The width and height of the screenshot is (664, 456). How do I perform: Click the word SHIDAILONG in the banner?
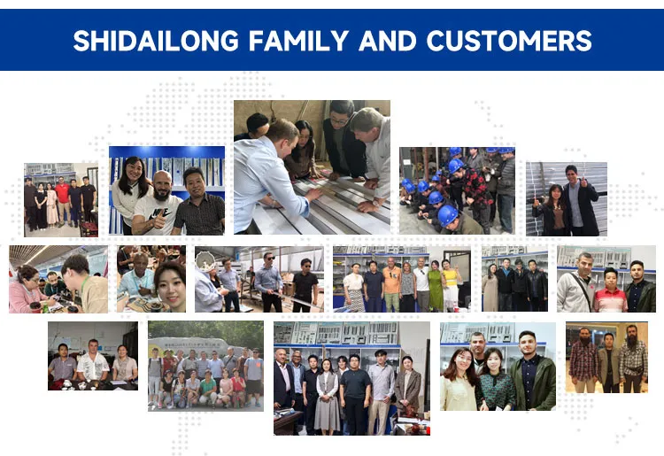click(156, 41)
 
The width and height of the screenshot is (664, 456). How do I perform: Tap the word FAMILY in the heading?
click(298, 41)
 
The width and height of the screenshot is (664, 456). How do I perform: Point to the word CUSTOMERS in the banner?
click(509, 41)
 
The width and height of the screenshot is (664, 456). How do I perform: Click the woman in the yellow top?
click(451, 284)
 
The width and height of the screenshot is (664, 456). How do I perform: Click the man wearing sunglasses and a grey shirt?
click(268, 282)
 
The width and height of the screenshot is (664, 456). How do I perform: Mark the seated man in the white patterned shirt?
click(93, 362)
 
